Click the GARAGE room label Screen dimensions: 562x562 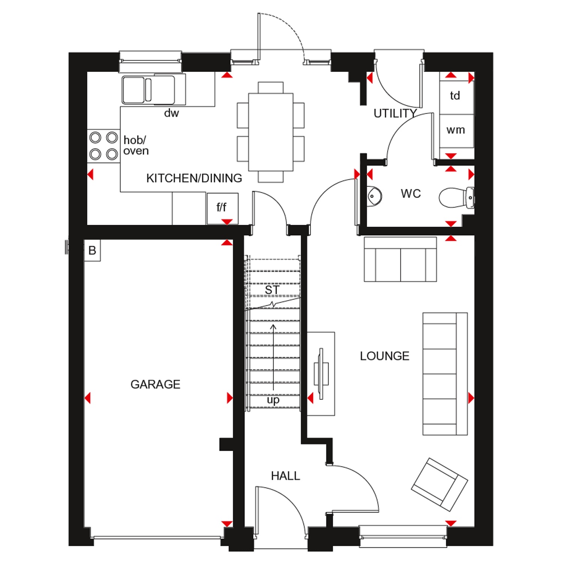tap(155, 384)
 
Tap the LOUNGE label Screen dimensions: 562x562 tap(384, 356)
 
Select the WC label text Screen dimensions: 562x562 tap(411, 194)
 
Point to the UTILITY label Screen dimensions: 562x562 tap(395, 113)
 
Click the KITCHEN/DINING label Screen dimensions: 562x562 tap(194, 178)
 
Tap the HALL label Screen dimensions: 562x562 tap(285, 476)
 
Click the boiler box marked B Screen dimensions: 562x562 tap(92, 250)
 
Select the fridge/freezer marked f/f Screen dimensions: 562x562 tap(223, 209)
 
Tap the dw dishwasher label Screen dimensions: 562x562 tap(172, 113)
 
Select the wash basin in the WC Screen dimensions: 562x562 tap(374, 196)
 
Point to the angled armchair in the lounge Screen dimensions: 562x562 tap(439, 484)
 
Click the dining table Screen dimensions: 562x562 tap(271, 132)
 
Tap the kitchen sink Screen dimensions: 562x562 tap(148, 90)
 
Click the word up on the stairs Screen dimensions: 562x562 tap(273, 400)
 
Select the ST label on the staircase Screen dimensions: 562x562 tap(272, 290)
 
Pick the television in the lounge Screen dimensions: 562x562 tap(321, 374)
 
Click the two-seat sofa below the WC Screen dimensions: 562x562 tap(400, 259)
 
